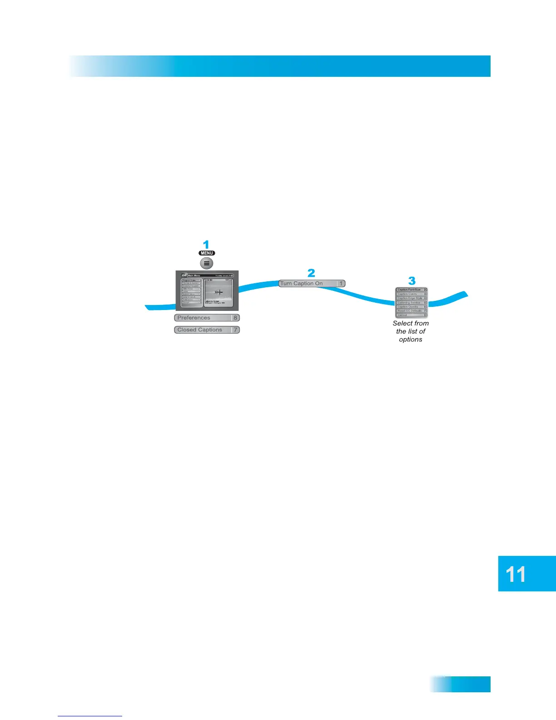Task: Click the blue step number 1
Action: click(206, 245)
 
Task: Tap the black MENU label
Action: click(207, 253)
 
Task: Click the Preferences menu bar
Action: click(202, 318)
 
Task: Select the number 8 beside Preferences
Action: click(235, 318)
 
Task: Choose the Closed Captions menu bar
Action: click(202, 330)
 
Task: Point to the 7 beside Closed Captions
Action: click(235, 330)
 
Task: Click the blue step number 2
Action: click(311, 273)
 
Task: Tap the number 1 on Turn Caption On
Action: click(341, 284)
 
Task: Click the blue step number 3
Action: click(412, 280)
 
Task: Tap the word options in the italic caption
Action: click(411, 340)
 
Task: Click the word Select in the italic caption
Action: click(402, 323)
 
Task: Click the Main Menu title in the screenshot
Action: click(194, 275)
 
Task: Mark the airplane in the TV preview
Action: click(218, 292)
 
